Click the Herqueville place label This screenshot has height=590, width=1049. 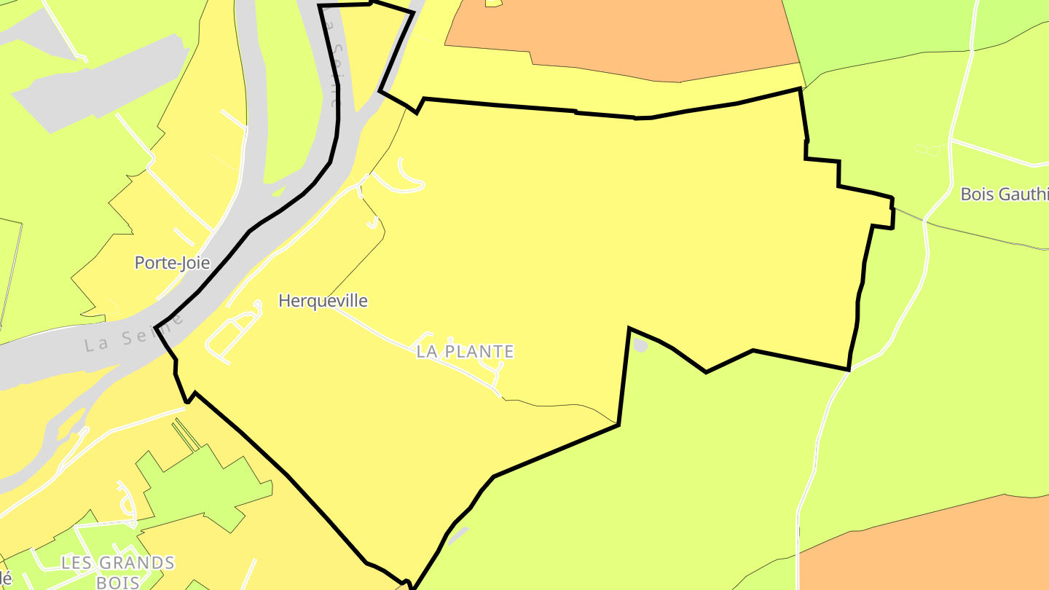click(323, 301)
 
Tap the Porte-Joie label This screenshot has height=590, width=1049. click(172, 263)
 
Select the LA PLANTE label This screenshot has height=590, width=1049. click(465, 352)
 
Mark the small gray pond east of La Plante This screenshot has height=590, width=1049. click(640, 345)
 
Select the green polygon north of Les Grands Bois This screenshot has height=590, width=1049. click(197, 484)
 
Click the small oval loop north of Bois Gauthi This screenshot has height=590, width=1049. click(928, 150)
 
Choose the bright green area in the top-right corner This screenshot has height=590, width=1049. click(911, 29)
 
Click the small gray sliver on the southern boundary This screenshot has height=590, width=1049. click(457, 537)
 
